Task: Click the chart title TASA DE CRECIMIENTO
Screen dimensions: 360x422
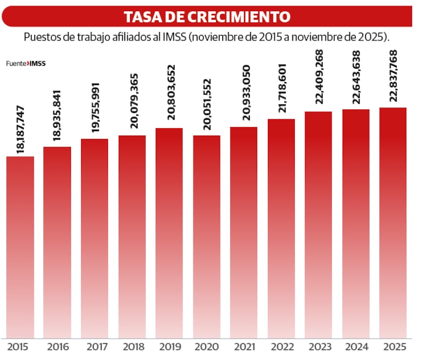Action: click(x=207, y=17)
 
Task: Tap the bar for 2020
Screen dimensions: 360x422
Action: click(x=206, y=236)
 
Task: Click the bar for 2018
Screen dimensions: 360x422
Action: click(x=132, y=236)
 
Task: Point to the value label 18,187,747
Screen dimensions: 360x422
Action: click(x=21, y=129)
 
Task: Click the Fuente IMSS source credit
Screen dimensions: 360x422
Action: click(x=26, y=64)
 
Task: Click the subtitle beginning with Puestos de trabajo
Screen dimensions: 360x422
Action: click(x=207, y=37)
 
